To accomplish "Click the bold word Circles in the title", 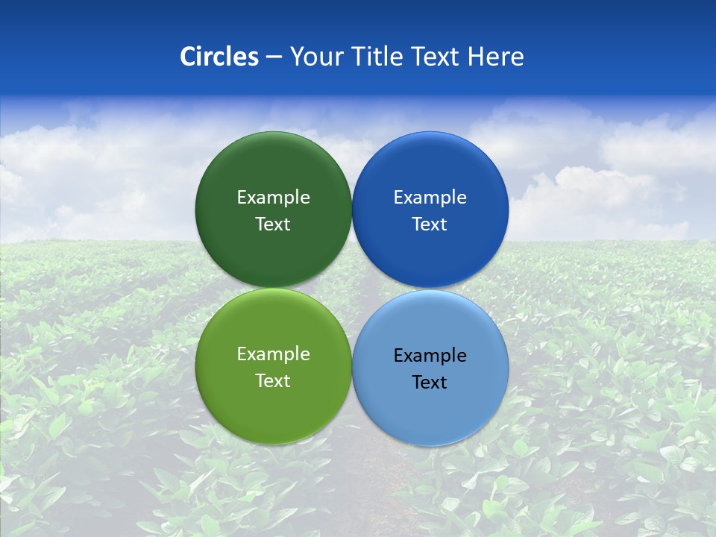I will (219, 57).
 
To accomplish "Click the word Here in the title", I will (495, 57).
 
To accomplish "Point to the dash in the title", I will (274, 57).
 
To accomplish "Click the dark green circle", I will (273, 172).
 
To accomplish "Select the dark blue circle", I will (430, 172).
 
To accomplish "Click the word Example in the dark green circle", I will (273, 197).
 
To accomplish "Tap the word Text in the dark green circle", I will (273, 224).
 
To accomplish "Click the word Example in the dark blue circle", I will (430, 197).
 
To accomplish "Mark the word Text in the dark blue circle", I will (430, 224).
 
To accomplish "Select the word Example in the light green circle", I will (273, 354).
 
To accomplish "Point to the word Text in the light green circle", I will (273, 380).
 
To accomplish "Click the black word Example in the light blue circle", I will (430, 355).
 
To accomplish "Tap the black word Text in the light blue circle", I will (430, 382).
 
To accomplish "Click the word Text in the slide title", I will (437, 57).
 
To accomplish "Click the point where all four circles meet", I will (351, 288).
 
